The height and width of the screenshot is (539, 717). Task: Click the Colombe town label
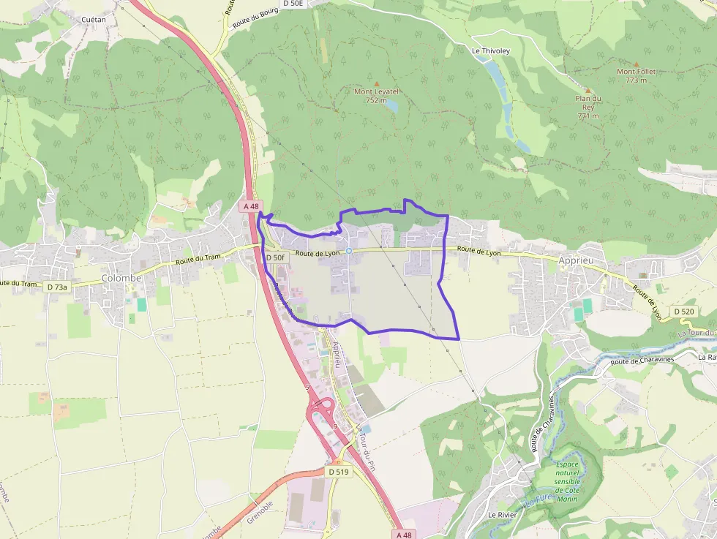(x=121, y=278)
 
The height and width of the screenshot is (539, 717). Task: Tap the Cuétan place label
(x=94, y=19)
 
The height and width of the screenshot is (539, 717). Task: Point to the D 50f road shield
(x=275, y=257)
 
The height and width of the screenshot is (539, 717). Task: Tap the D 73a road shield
(x=57, y=287)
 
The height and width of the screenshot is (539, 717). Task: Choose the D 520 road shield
(x=684, y=312)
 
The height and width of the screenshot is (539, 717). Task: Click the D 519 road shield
(x=339, y=472)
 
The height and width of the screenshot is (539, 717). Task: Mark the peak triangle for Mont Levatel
(x=377, y=84)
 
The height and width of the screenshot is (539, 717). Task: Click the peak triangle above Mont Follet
(x=636, y=64)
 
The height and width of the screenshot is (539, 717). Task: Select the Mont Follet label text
(x=636, y=75)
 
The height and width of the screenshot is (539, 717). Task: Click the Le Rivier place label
(x=503, y=515)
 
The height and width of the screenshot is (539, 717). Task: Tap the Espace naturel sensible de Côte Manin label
(x=567, y=481)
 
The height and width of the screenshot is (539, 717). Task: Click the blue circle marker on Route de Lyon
(x=349, y=251)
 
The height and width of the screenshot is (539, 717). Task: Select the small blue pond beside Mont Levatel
(x=391, y=105)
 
